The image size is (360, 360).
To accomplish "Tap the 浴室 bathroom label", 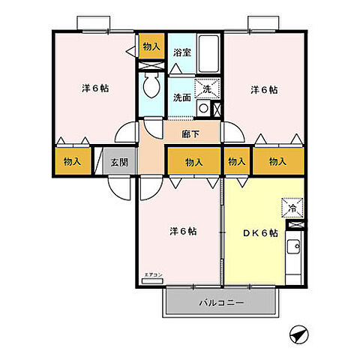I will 181,52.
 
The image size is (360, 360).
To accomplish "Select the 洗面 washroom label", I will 181,97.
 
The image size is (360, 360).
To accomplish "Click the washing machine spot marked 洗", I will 207,88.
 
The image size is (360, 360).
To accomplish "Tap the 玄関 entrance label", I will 119,161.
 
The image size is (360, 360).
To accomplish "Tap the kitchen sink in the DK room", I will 295,245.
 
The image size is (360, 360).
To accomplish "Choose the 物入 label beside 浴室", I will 151,47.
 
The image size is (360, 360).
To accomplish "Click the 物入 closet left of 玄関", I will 73,161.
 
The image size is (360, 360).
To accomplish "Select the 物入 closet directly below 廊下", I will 193,161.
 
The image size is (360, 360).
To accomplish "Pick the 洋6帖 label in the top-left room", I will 94,88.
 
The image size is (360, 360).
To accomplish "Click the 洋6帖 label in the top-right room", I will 264,89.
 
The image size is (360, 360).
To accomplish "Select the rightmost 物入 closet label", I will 277,161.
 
